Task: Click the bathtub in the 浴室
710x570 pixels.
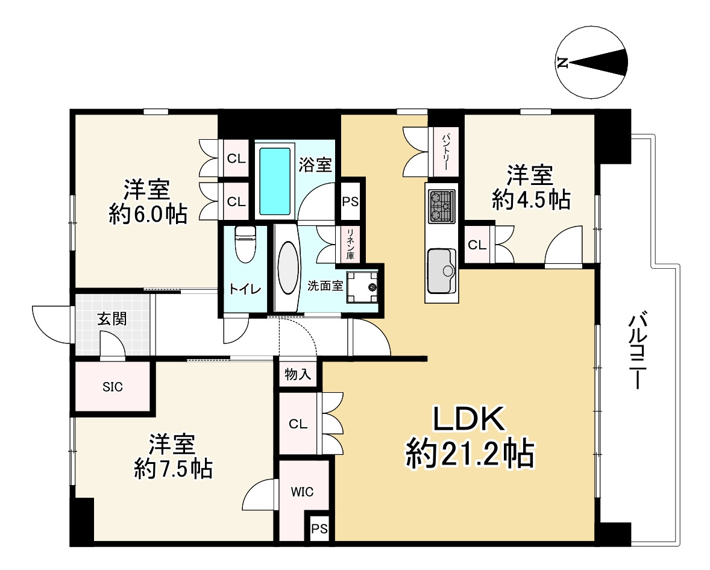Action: (275, 181)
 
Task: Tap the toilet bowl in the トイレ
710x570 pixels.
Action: (245, 245)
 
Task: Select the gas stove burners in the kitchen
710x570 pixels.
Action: (442, 207)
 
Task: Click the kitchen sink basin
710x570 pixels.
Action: (441, 271)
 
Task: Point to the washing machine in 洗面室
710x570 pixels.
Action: (362, 287)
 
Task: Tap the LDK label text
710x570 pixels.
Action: (470, 419)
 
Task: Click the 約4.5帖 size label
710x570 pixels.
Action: (531, 199)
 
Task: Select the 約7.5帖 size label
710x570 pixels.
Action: (174, 469)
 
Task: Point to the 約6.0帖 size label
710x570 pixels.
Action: (148, 214)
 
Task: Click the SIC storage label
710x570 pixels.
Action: (113, 387)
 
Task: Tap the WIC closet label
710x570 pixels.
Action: (302, 492)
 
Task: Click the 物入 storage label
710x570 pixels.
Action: (298, 374)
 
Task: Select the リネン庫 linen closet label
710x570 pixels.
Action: (350, 244)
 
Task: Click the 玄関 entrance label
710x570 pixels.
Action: (112, 319)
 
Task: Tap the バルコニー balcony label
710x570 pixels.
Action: (638, 350)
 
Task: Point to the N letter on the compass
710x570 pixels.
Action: (563, 63)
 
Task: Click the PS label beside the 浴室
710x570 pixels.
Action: (350, 201)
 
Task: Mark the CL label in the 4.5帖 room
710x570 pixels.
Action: (477, 245)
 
